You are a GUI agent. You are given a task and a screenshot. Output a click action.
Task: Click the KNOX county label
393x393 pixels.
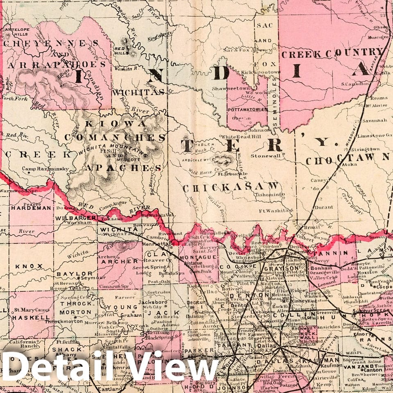pos(29,266)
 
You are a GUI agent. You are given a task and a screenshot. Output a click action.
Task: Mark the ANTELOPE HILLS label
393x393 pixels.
pos(17,31)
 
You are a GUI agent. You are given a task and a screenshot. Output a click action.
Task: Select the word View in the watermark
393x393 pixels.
pos(171,367)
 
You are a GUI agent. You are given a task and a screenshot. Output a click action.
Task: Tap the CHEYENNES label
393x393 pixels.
pos(52,43)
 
